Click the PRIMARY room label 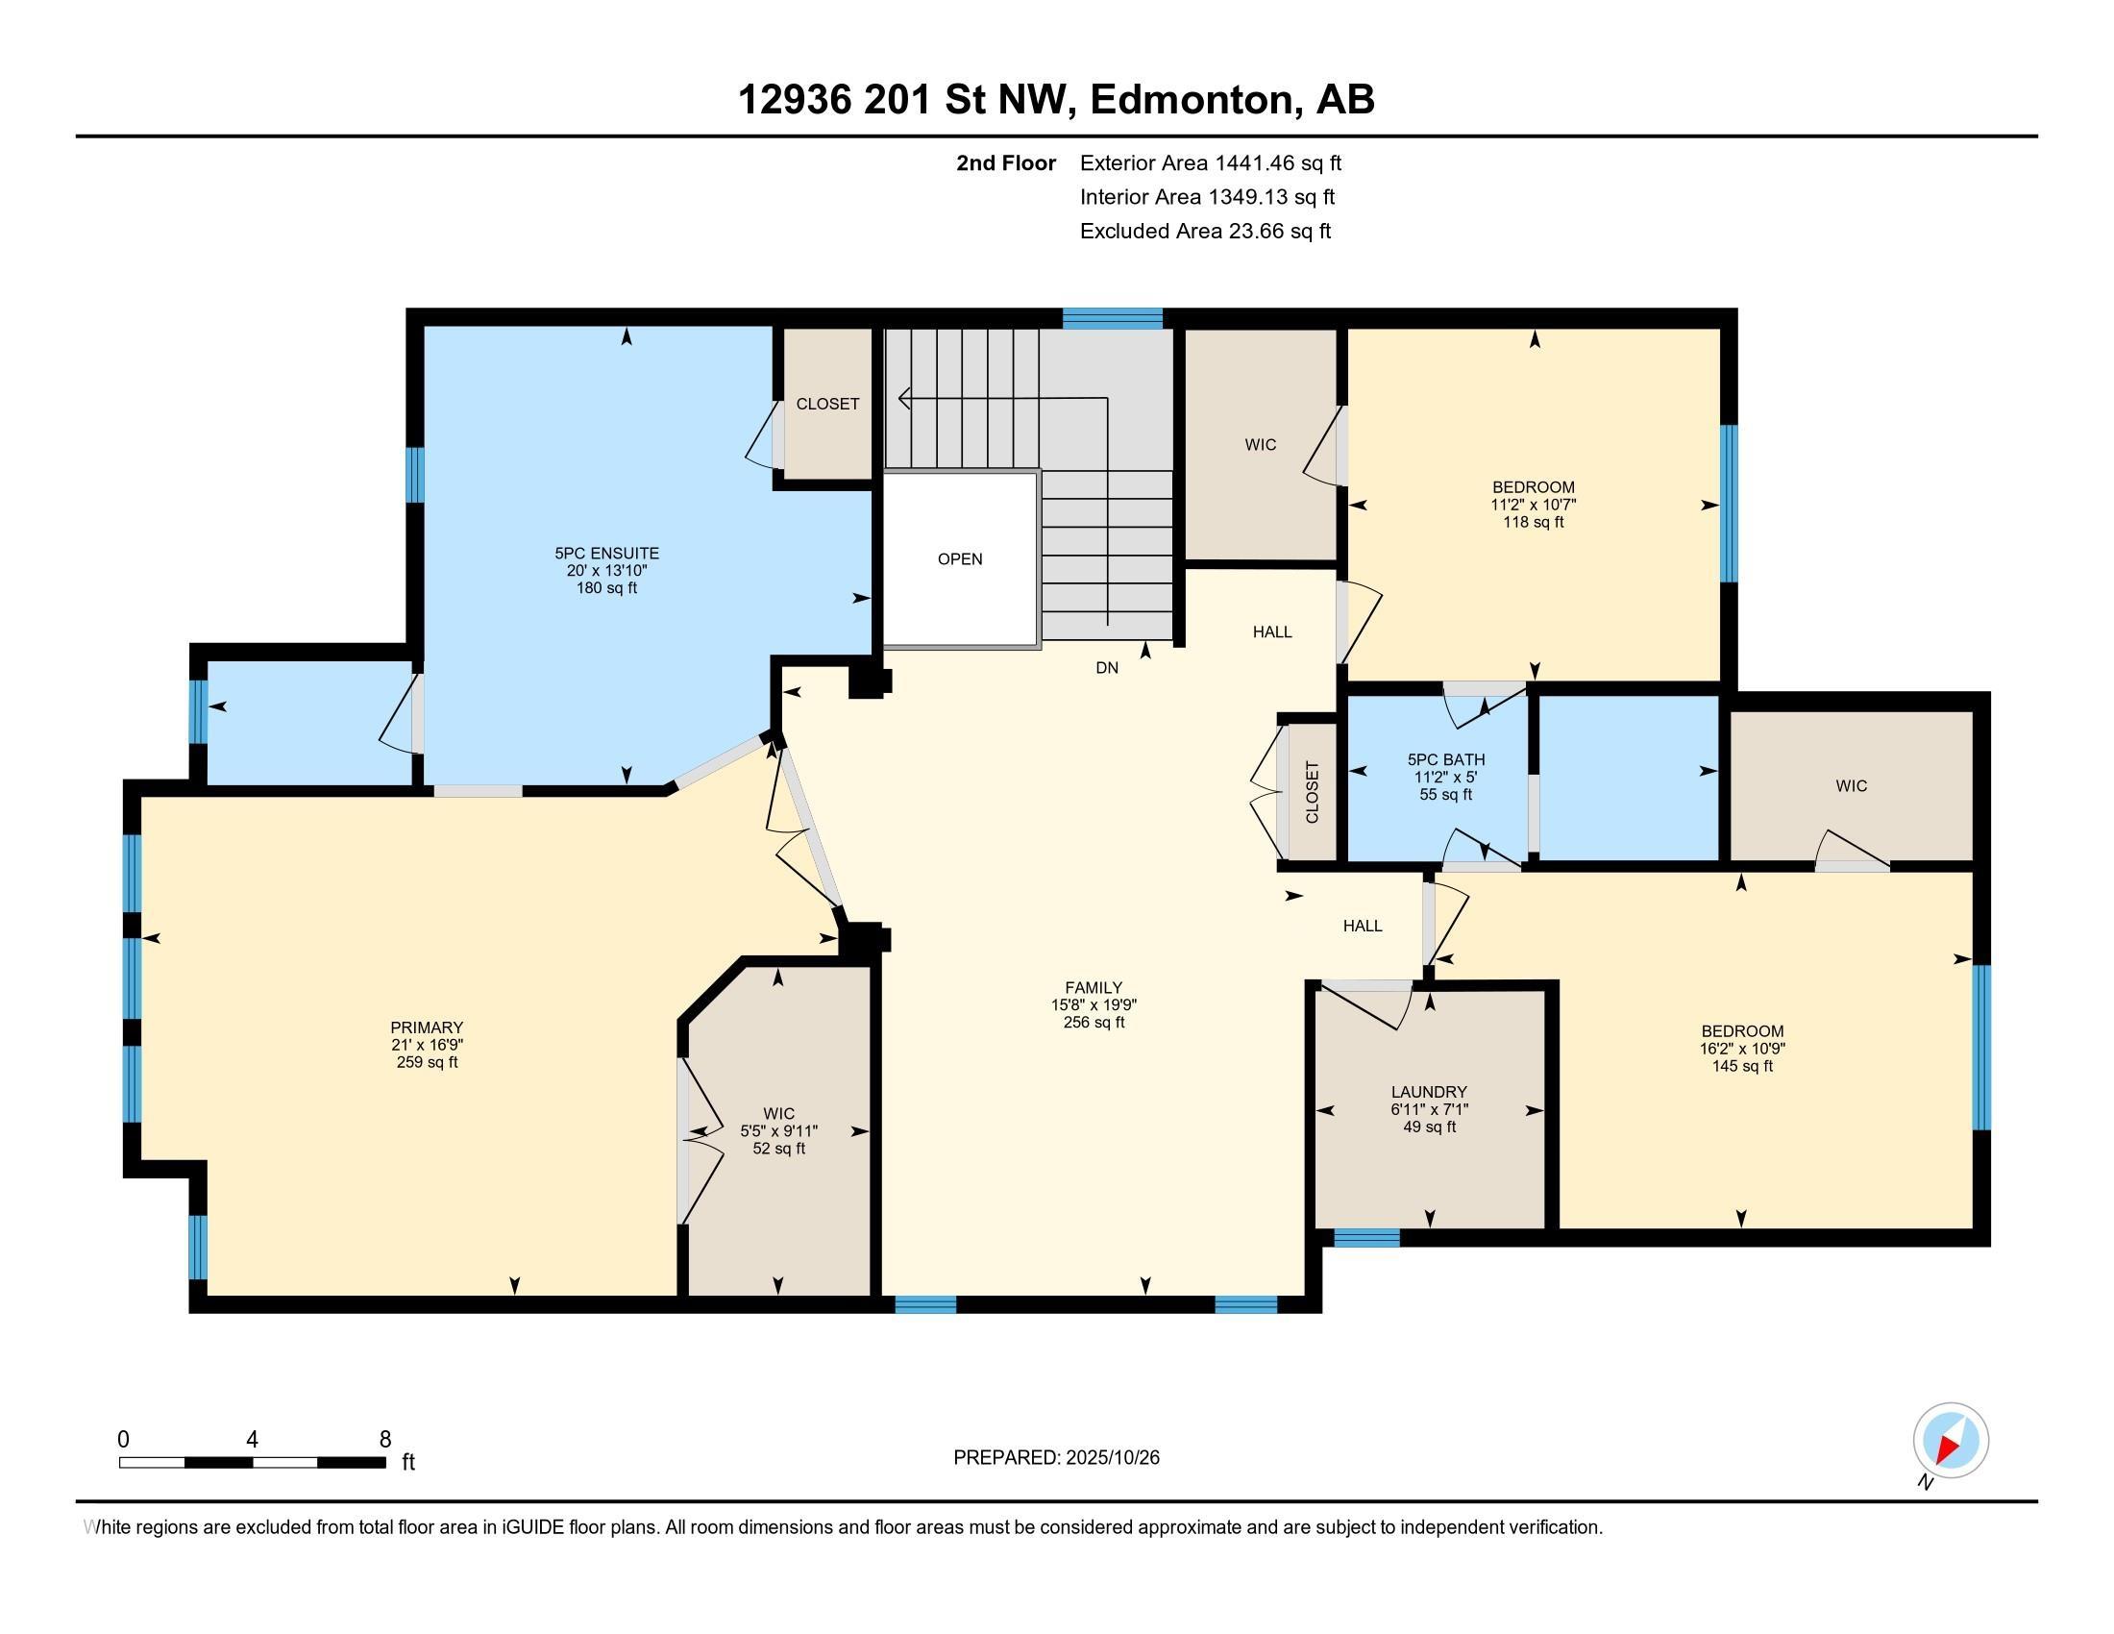[x=427, y=1027]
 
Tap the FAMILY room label [x=1094, y=987]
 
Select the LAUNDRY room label [x=1429, y=1092]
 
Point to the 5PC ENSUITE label [x=607, y=554]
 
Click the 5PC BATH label [x=1446, y=760]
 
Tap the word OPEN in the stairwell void [x=960, y=558]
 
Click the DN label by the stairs [x=1107, y=668]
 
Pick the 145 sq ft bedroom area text [x=1742, y=1066]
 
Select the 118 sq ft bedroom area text [x=1534, y=522]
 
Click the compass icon [x=1951, y=1441]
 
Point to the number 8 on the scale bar [x=385, y=1440]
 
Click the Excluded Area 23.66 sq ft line [x=1205, y=232]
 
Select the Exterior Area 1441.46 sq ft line [x=1211, y=163]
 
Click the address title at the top [x=1056, y=99]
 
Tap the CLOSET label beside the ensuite [x=827, y=404]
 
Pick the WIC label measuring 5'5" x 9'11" [x=779, y=1114]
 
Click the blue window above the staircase [x=1112, y=318]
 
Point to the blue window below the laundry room [x=1366, y=1237]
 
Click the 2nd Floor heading [x=1006, y=163]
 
